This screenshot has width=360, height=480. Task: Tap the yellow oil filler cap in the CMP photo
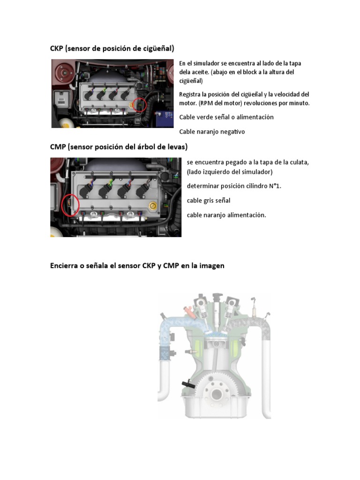(153, 206)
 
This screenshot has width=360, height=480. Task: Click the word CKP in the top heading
(57, 48)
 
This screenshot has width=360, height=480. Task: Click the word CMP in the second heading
(58, 147)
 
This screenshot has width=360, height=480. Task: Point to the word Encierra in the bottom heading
(64, 266)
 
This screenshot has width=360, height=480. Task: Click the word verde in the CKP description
(205, 117)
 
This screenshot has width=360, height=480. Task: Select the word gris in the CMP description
(209, 201)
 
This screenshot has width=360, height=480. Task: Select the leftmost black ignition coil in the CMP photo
(86, 190)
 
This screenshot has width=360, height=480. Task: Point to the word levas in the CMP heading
(176, 147)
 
